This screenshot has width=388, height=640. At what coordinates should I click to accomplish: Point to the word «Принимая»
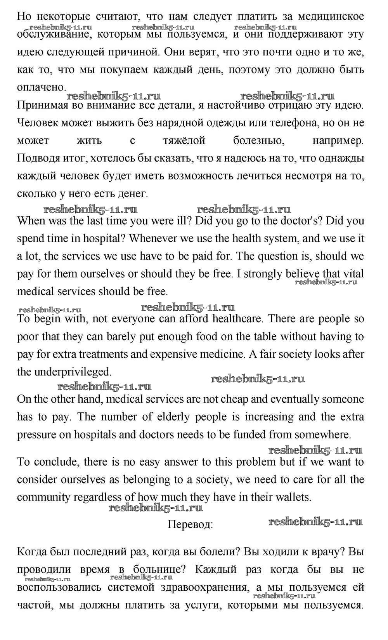41,105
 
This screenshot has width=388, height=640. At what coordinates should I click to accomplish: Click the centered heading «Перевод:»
190,525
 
